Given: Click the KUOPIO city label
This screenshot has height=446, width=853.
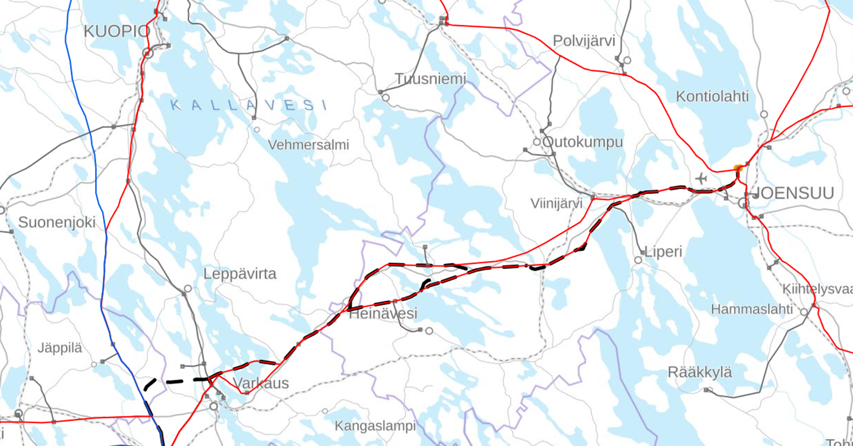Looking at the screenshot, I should [x=116, y=32].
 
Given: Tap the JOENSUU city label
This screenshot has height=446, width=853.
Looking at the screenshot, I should [x=793, y=193].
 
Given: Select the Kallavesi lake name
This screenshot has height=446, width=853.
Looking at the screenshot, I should [x=249, y=105].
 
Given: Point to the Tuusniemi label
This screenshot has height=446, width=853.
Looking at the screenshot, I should [x=430, y=79].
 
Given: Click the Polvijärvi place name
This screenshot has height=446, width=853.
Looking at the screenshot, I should [x=584, y=41].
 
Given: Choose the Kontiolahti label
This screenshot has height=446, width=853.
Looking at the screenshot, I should [x=712, y=97].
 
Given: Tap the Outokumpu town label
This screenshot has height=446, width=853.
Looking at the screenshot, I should [x=582, y=142].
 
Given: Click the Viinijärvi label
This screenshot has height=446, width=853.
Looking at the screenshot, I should [x=556, y=203].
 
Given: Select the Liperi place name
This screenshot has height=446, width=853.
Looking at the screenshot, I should [x=663, y=252].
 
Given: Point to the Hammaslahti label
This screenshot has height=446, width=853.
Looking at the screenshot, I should [x=751, y=309].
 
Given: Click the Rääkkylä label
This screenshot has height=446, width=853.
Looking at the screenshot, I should [x=699, y=373].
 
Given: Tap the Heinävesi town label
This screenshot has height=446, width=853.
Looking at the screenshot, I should [x=383, y=314].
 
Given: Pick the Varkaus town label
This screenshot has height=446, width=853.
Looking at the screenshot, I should [x=261, y=383].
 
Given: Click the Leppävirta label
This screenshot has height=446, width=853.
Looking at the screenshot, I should [x=239, y=274].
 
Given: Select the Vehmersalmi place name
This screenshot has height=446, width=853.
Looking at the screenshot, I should [x=308, y=145].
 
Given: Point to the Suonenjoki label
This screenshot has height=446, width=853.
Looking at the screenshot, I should [x=57, y=222].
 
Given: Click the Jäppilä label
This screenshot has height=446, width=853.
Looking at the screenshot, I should [x=60, y=348].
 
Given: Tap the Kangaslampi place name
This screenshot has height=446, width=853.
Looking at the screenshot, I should [x=375, y=426].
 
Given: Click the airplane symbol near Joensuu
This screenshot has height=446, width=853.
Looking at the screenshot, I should [x=702, y=179].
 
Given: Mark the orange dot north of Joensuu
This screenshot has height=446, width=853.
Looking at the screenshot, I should [x=738, y=168].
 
